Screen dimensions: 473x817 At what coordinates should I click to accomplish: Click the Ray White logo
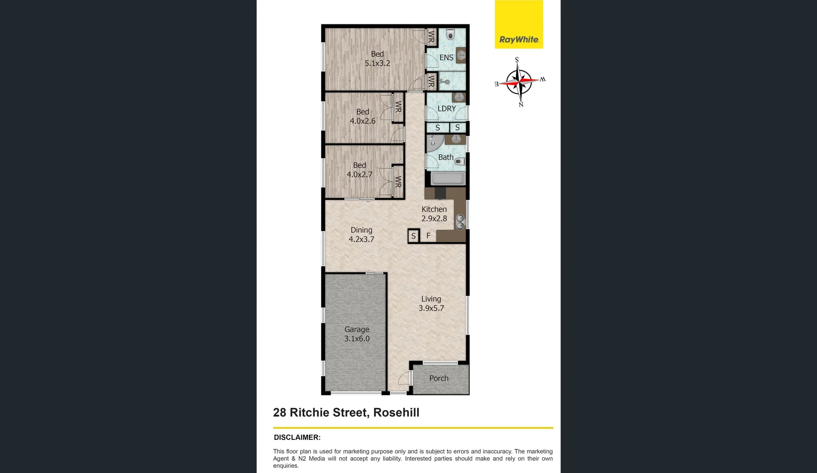(x=519, y=25)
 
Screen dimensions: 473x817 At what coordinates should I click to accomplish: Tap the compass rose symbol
(x=519, y=81)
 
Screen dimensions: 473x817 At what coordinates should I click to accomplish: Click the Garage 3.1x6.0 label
(x=357, y=334)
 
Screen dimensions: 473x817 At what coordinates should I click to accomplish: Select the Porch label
(x=439, y=378)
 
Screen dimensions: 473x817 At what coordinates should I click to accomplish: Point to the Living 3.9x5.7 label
(x=431, y=304)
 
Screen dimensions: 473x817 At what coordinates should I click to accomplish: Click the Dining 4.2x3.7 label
(x=362, y=235)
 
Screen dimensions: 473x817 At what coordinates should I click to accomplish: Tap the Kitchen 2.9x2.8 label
(x=434, y=214)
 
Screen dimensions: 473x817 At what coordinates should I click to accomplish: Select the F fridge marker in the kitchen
(x=429, y=236)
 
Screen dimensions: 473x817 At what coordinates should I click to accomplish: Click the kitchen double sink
(x=460, y=222)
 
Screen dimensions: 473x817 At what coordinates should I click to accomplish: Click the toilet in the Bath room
(x=459, y=162)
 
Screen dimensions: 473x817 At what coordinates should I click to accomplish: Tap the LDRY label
(x=447, y=109)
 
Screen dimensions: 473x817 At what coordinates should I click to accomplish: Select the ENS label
(x=446, y=57)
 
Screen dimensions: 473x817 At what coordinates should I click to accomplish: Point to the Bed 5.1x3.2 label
(x=377, y=59)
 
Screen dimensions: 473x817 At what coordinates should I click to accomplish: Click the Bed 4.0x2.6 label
(x=362, y=116)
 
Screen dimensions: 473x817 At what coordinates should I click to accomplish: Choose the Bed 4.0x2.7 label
(x=359, y=170)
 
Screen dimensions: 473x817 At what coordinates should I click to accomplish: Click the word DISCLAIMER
(x=297, y=438)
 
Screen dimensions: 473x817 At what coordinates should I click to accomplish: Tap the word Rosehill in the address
(x=396, y=413)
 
